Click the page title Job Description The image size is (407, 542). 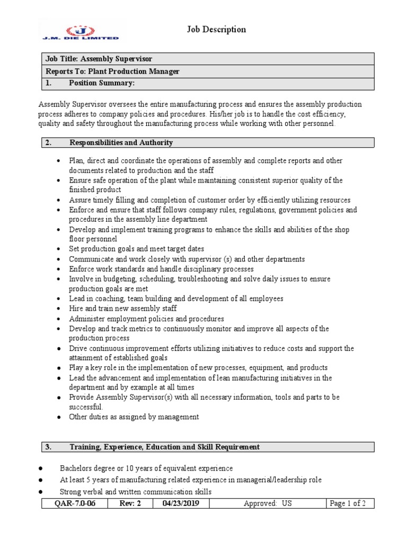tap(216, 30)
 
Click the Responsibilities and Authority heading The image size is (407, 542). tap(121, 143)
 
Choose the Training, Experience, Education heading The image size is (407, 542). tap(164, 447)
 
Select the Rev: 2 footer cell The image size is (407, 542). tap(131, 503)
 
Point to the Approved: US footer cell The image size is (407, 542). tap(268, 503)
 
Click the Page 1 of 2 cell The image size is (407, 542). tap(348, 503)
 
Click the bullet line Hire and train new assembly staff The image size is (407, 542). tap(123, 309)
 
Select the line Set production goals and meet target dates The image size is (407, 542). tap(136, 249)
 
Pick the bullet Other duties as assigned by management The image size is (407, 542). tap(134, 417)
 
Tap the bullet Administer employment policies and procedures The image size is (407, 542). tap(146, 319)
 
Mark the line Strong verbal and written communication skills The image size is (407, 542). tap(136, 492)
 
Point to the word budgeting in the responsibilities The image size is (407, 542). tap(113, 279)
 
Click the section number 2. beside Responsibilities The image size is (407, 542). tap(48, 143)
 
